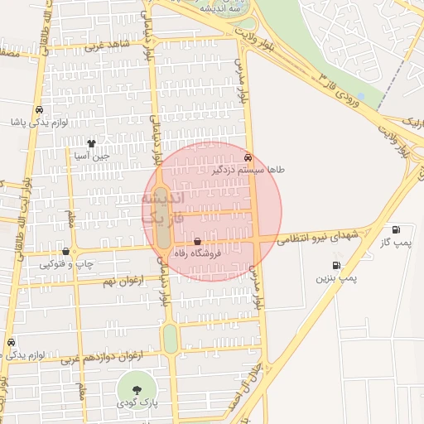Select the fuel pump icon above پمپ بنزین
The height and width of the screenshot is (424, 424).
[336, 265]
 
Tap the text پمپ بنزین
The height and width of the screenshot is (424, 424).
[336, 279]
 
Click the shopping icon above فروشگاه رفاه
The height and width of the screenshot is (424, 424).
[196, 241]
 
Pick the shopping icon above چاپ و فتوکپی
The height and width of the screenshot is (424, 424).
[65, 251]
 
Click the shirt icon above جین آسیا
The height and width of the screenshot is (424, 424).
[104, 142]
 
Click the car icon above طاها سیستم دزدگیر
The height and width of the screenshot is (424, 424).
[248, 157]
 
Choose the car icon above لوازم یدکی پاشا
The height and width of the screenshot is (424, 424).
[40, 109]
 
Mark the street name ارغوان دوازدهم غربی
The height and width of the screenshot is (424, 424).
[99, 357]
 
